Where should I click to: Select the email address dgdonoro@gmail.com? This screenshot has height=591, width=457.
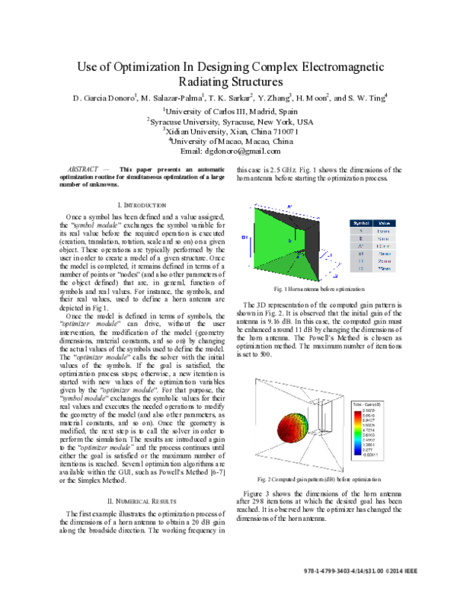tap(252, 152)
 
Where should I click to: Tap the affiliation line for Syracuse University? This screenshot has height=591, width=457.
tap(229, 121)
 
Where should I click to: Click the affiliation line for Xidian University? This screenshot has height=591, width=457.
tap(229, 131)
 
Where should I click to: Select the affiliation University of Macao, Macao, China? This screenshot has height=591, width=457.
tap(229, 141)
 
